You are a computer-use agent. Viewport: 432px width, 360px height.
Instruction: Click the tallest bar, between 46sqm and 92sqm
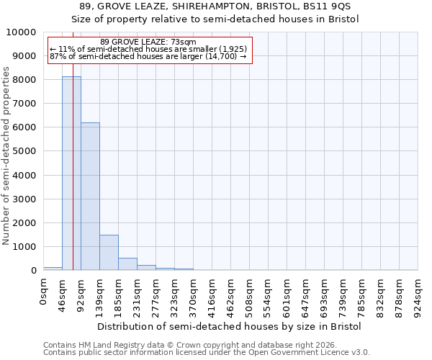pos(71,173)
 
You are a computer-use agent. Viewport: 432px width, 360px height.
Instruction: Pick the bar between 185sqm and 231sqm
pos(127,264)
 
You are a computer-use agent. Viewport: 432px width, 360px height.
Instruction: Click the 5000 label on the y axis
pos(24,151)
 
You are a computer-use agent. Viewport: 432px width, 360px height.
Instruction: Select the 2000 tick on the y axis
pos(24,222)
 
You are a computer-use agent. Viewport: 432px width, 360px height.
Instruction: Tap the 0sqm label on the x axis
pos(44,292)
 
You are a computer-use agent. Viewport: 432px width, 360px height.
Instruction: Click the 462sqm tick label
pos(231,294)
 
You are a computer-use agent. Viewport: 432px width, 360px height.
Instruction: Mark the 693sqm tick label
pos(325,294)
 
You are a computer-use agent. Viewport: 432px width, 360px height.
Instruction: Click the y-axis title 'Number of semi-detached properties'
pos(6,156)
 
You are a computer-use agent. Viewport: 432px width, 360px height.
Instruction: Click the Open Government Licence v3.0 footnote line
pos(207,352)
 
